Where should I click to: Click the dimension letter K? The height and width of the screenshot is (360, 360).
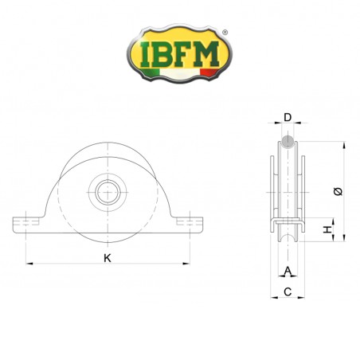coord(108,258)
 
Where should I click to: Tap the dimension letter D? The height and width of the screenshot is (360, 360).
coord(288,117)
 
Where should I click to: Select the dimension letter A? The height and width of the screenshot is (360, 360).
coord(288,271)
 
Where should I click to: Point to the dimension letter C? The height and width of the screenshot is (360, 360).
coord(288,292)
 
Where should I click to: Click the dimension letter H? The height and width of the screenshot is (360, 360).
coord(327,229)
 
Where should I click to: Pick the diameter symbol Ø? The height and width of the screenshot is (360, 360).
coord(338,191)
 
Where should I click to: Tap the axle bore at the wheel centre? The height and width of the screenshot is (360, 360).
coord(108,192)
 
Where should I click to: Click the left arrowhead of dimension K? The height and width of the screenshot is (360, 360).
coord(29,264)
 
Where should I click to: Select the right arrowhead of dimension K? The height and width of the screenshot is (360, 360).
coord(186,264)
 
